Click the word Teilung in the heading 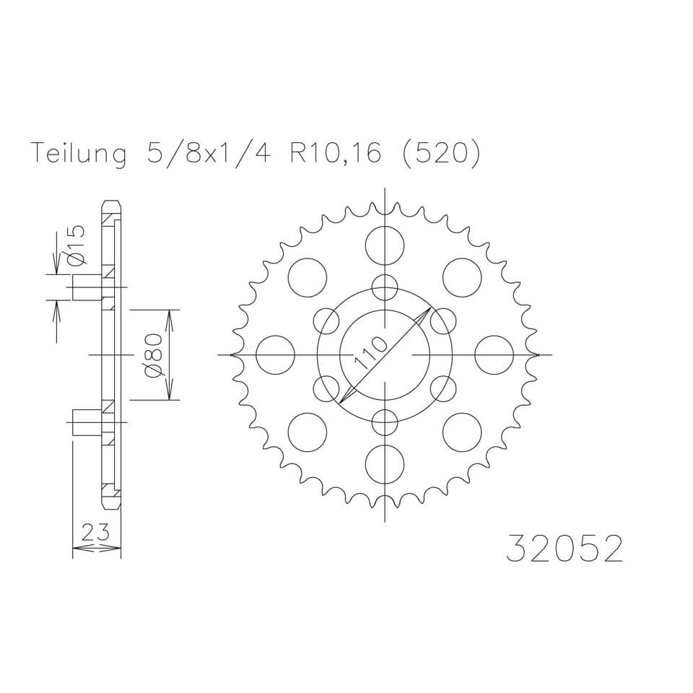click(79, 155)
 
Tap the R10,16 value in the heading click(335, 155)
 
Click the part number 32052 click(563, 549)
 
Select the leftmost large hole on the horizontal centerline click(276, 355)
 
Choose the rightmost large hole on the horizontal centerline click(494, 355)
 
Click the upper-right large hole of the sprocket click(462, 277)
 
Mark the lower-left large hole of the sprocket click(308, 432)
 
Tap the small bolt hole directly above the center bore click(385, 287)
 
